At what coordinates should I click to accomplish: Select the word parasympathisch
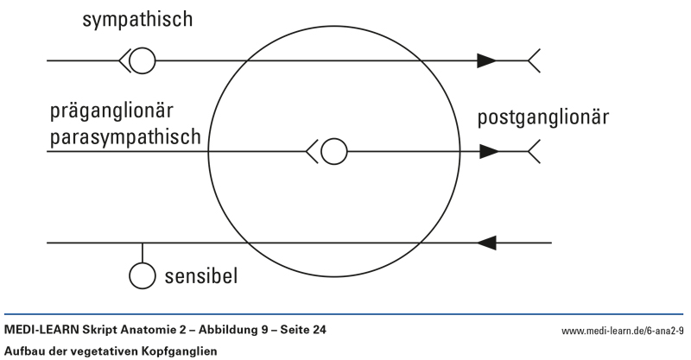point(126,136)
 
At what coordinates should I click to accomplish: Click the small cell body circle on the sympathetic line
point(143,60)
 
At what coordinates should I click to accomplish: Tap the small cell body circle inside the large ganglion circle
point(333,152)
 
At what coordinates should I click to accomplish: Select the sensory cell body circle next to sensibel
point(142,275)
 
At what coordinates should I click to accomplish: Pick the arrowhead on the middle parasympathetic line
point(489,152)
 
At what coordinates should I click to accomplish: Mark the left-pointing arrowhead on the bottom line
point(488,243)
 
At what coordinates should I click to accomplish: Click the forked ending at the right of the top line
point(534,60)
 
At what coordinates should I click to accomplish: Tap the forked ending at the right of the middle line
point(534,152)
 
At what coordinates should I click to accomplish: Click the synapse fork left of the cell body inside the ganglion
point(313,152)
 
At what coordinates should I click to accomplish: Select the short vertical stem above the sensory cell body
point(142,253)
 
